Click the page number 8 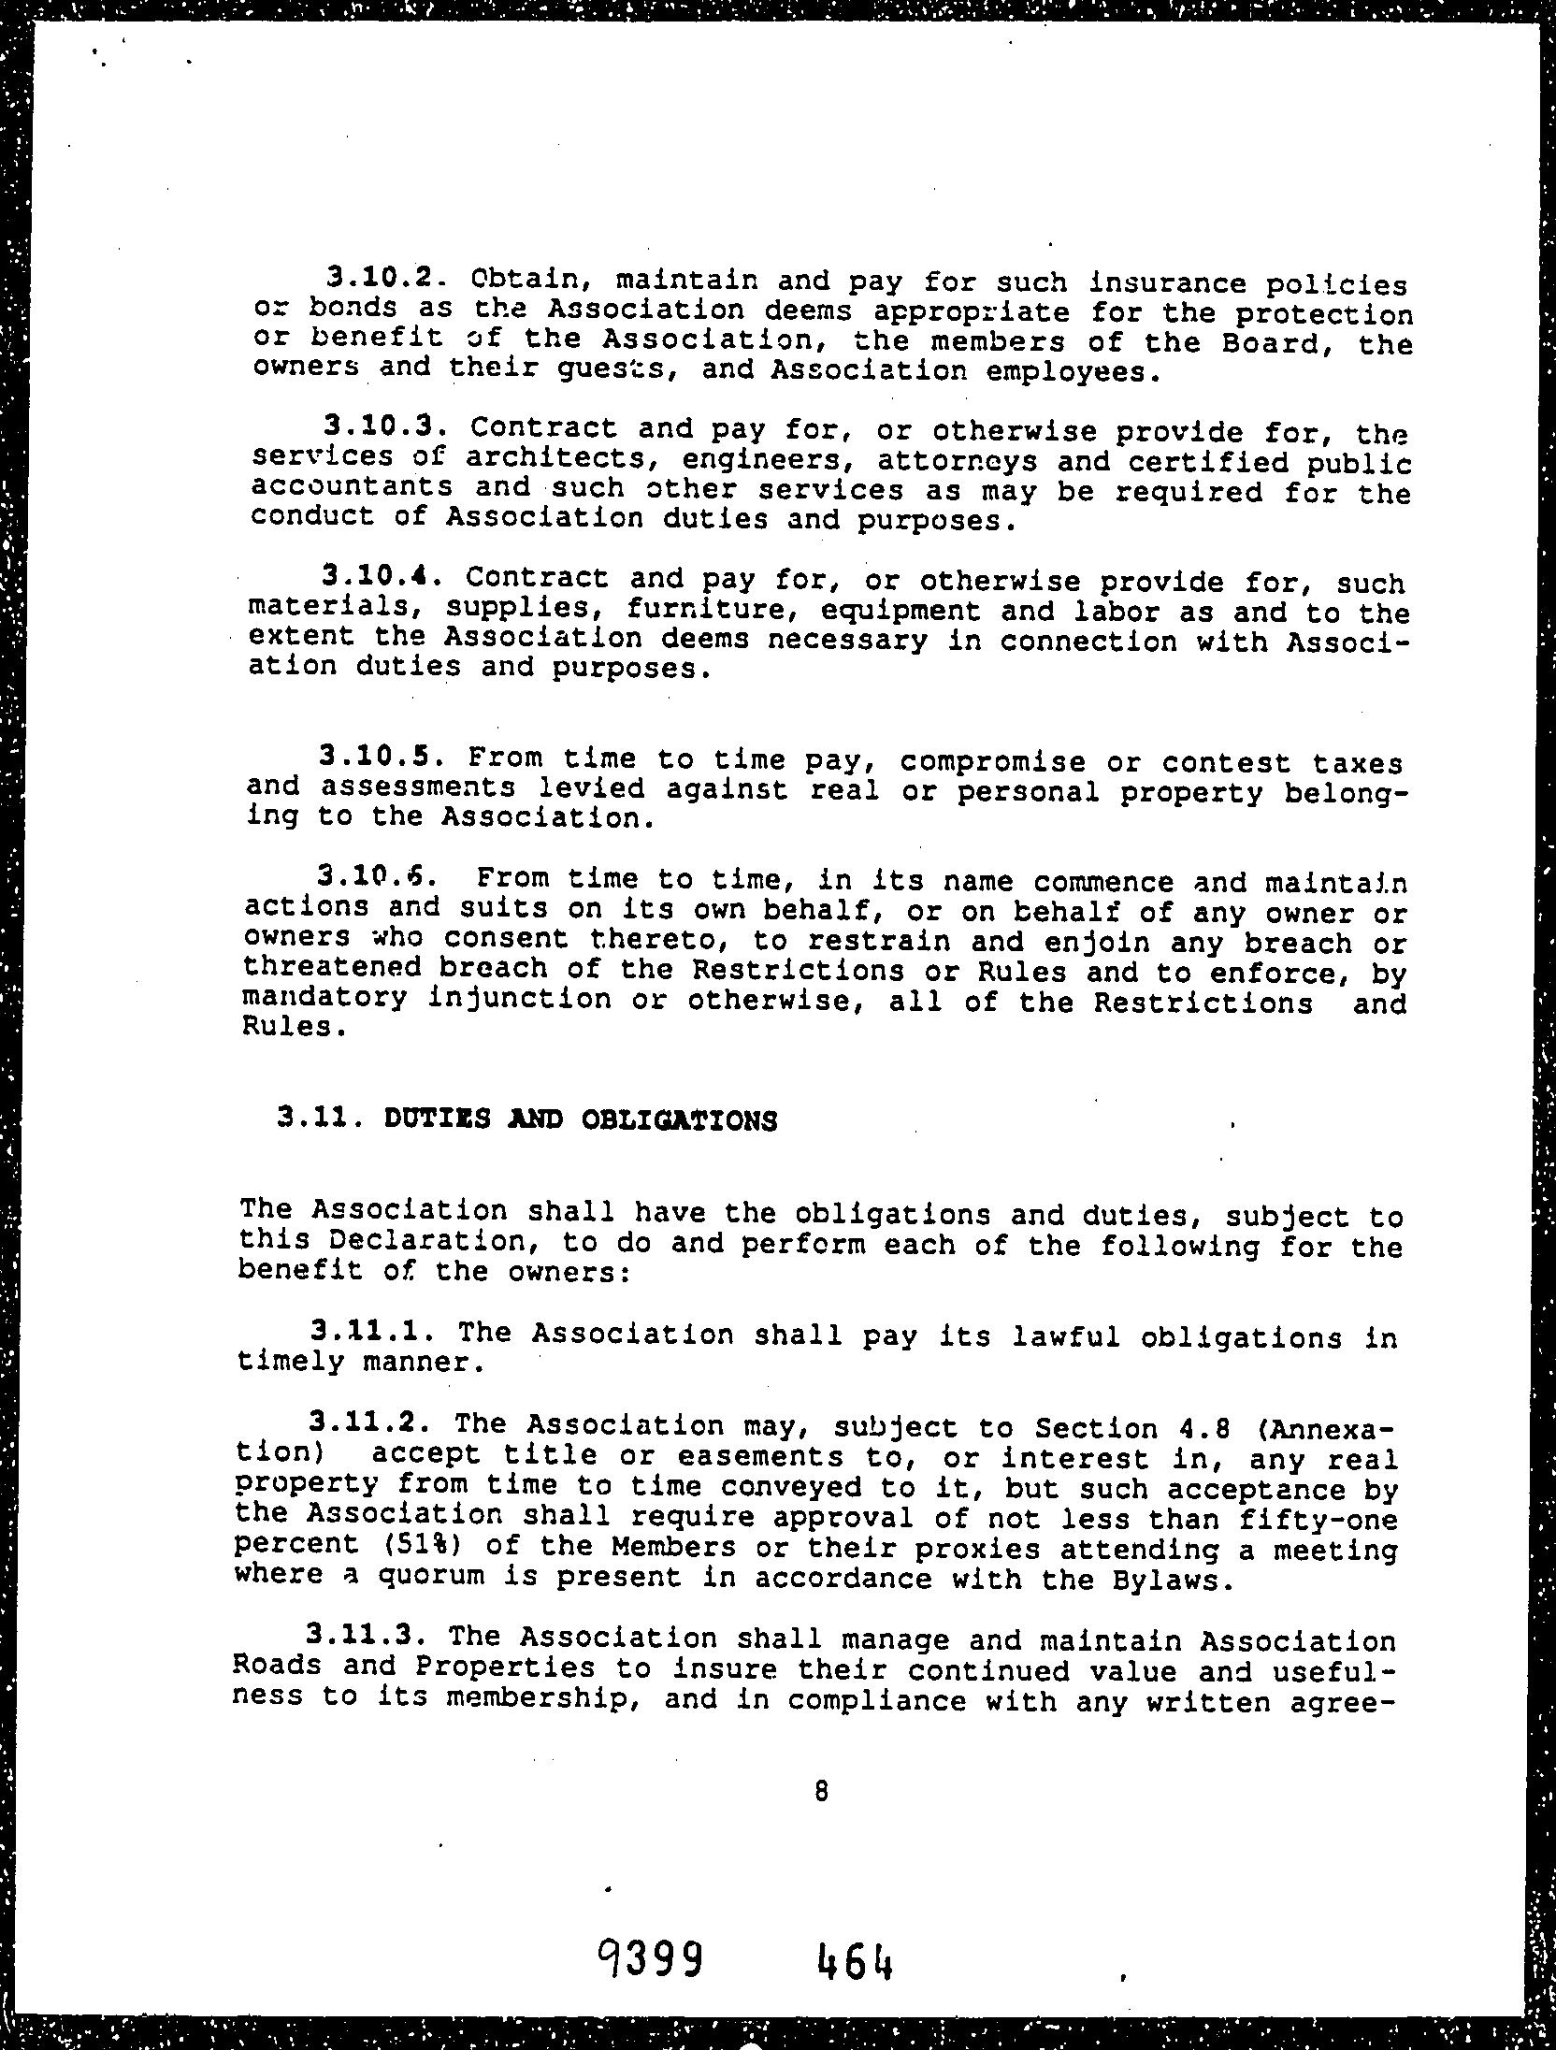[x=821, y=1790]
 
